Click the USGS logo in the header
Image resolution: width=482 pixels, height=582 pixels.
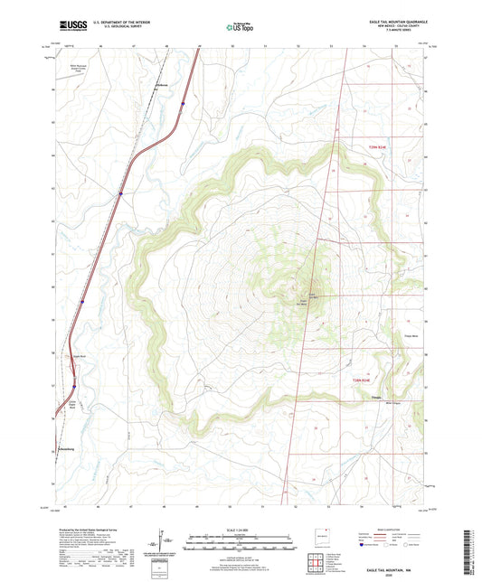click(x=71, y=24)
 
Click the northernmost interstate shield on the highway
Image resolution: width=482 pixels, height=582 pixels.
click(x=184, y=104)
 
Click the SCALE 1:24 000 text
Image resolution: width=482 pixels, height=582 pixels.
click(x=241, y=530)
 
